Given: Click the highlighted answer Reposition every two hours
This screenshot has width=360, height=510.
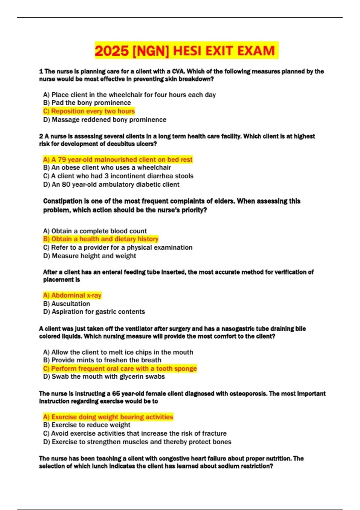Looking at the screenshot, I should pyautogui.click(x=89, y=111).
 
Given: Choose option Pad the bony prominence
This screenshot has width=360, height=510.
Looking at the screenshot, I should pyautogui.click(x=87, y=103).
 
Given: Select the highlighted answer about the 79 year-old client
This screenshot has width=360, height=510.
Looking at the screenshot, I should pyautogui.click(x=118, y=160).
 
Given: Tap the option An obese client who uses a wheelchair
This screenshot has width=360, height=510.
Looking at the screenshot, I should pyautogui.click(x=107, y=168).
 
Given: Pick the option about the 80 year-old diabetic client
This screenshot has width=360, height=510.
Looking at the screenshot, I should pyautogui.click(x=111, y=184).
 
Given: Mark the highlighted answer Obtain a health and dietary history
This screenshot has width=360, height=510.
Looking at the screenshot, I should pyautogui.click(x=101, y=239).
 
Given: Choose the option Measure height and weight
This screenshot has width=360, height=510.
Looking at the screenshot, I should pyautogui.click(x=90, y=256).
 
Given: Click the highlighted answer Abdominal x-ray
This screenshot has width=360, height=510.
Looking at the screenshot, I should pyautogui.click(x=72, y=295).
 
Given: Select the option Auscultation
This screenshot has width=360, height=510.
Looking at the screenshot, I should pyautogui.click(x=67, y=304).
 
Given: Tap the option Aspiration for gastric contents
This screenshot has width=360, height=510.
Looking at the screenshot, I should pyautogui.click(x=94, y=312).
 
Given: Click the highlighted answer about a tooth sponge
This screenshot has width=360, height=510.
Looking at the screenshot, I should pyautogui.click(x=120, y=369).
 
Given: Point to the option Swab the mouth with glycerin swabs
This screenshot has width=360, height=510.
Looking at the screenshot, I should pyautogui.click(x=104, y=376).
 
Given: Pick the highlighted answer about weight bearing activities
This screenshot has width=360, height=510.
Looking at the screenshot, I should pyautogui.click(x=108, y=417).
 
